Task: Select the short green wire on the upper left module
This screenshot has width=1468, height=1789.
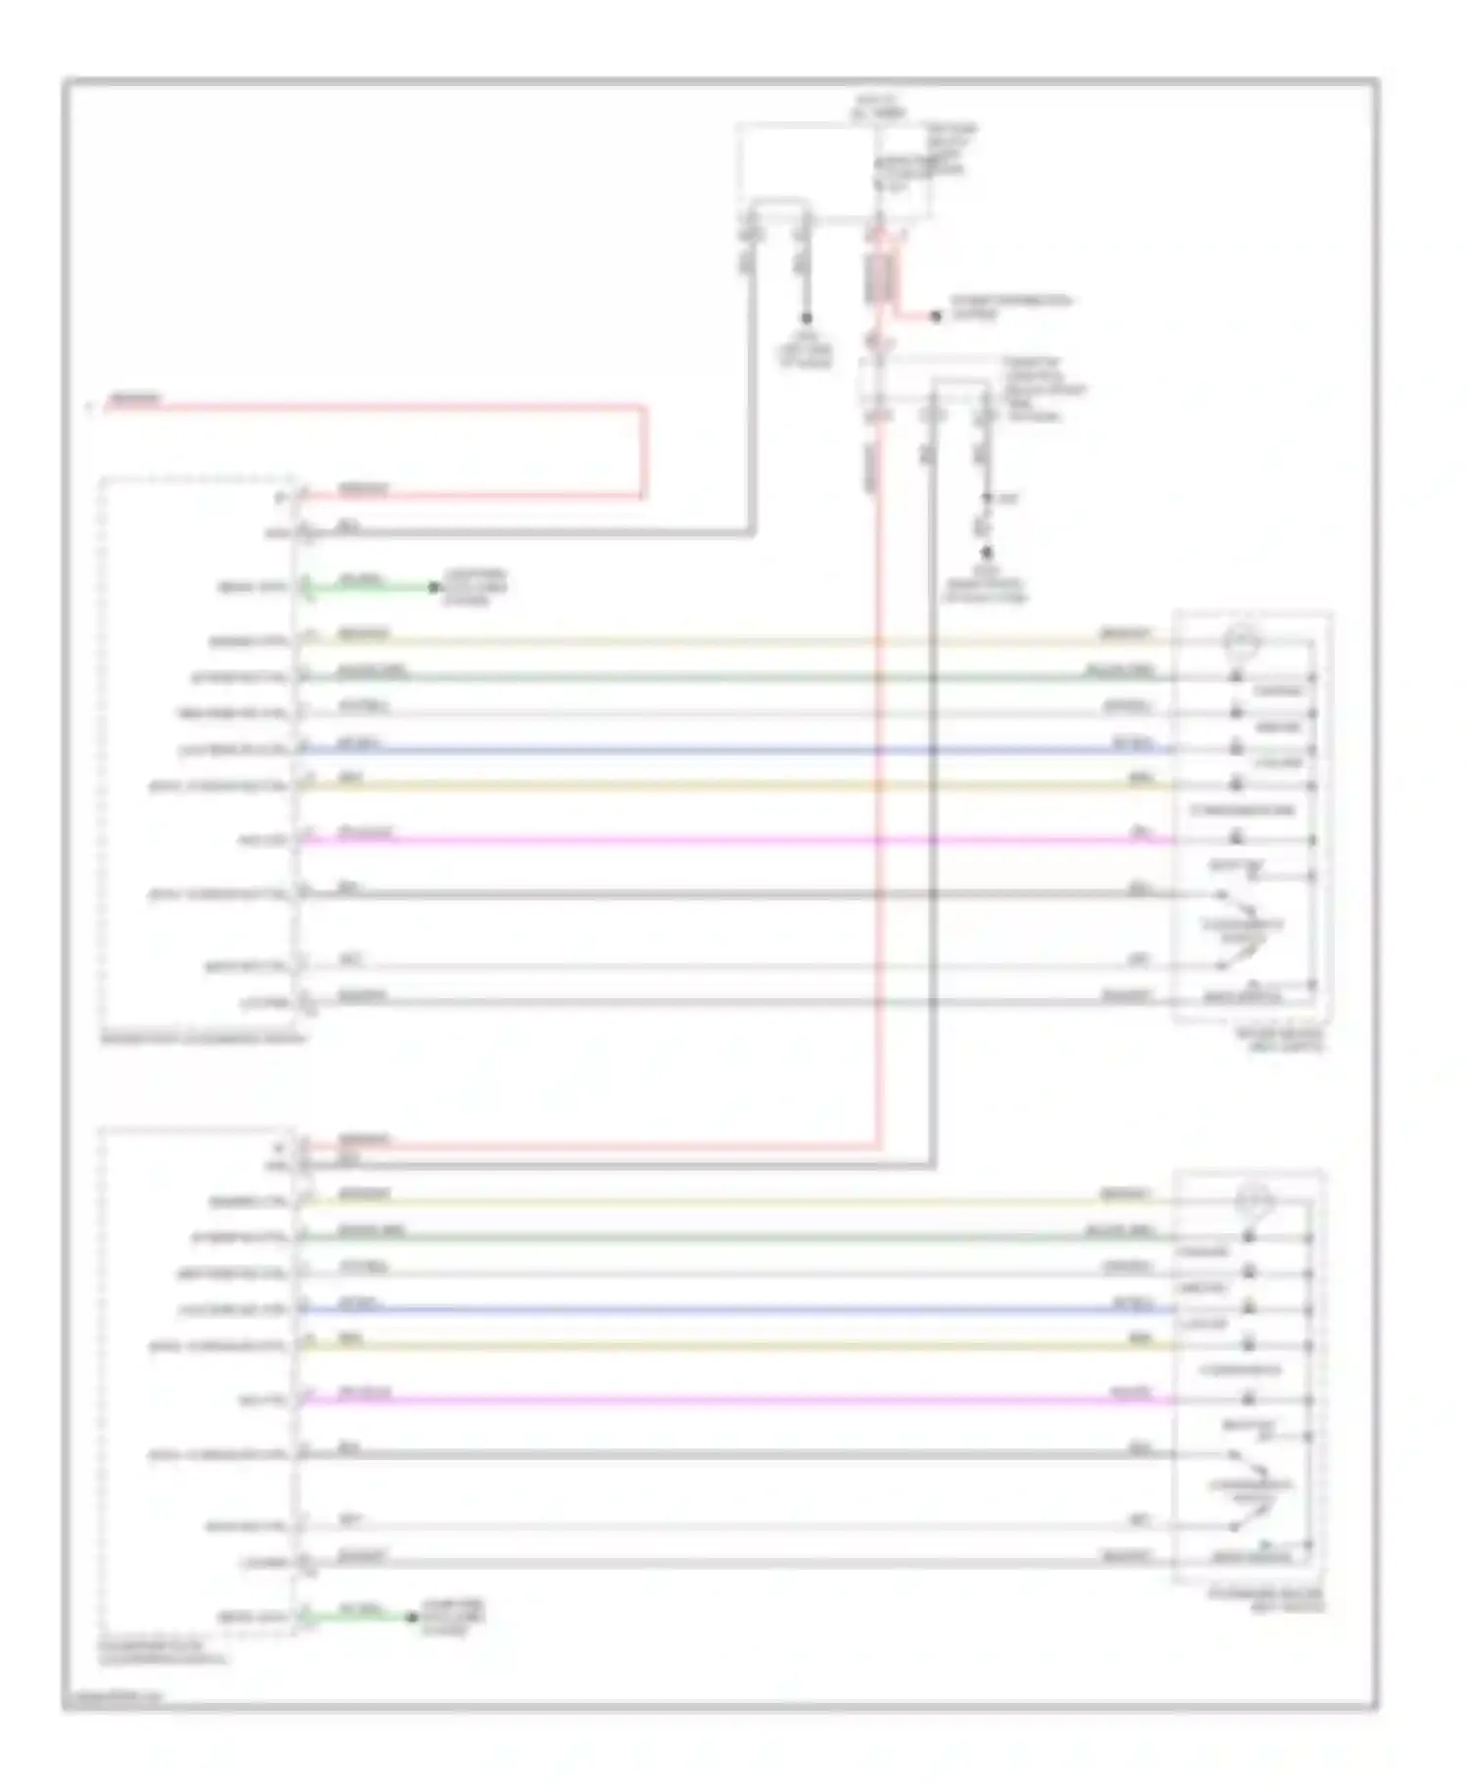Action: tap(367, 587)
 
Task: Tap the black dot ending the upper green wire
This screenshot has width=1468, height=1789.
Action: tap(433, 587)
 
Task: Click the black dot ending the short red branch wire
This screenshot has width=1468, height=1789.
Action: tap(936, 316)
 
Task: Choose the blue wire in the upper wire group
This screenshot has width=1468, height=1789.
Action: tap(734, 751)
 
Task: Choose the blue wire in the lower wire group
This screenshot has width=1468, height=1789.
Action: tap(734, 1309)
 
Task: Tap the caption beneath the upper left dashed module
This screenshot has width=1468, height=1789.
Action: tap(202, 1037)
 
